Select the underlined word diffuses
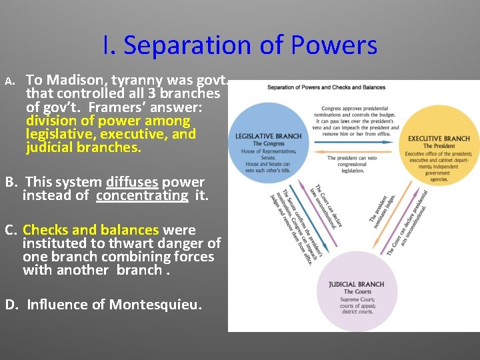[131, 182]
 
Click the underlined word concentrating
[142, 195]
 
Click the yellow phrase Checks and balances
[91, 230]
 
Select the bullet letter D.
[11, 305]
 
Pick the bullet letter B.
[11, 182]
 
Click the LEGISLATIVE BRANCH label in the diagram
[269, 136]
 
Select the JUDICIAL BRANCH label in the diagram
[357, 284]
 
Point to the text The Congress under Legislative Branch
[269, 144]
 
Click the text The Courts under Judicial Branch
[357, 292]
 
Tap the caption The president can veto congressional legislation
[353, 164]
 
